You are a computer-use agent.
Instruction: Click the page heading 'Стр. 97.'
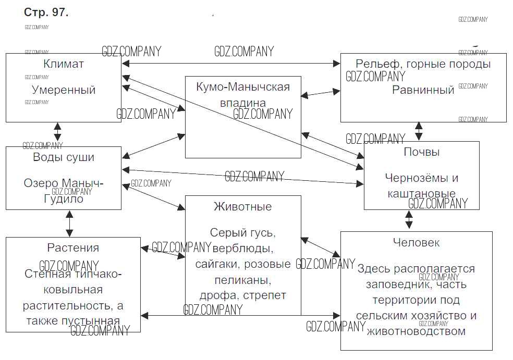click(x=46, y=13)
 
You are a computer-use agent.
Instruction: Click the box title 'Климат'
click(x=64, y=64)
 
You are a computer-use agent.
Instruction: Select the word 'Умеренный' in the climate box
click(x=64, y=90)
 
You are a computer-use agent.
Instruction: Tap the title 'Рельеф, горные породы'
click(x=423, y=64)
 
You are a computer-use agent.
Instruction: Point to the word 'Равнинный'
click(x=423, y=90)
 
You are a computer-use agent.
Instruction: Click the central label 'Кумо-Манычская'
click(x=243, y=86)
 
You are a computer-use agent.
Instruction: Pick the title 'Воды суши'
click(x=64, y=157)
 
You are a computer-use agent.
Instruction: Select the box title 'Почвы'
click(x=421, y=152)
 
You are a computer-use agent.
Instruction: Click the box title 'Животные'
click(x=243, y=207)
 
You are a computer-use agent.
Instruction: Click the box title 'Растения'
click(x=73, y=247)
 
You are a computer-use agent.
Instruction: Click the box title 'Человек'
click(x=416, y=242)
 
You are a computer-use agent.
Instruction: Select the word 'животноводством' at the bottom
click(x=416, y=331)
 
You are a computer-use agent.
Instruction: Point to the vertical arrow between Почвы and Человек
click(x=409, y=220)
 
